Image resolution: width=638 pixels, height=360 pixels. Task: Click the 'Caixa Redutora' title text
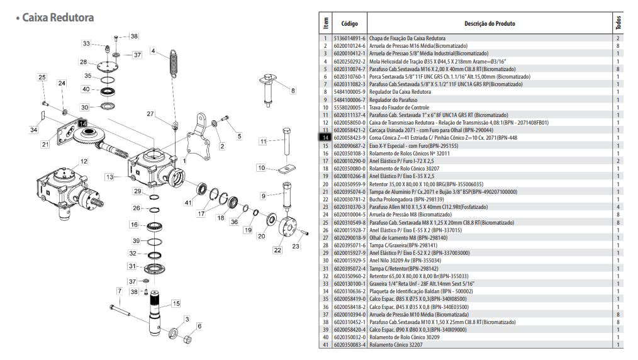[58, 18]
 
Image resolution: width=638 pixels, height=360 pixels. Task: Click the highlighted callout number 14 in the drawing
[83, 123]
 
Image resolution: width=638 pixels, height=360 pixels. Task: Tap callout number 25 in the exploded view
[42, 77]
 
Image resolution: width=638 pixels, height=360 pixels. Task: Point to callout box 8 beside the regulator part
[293, 90]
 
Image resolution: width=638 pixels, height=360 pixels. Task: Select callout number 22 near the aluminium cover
[277, 250]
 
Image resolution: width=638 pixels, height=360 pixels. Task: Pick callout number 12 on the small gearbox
[84, 162]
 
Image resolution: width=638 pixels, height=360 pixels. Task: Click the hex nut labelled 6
[187, 340]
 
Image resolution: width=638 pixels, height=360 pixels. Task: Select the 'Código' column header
[350, 23]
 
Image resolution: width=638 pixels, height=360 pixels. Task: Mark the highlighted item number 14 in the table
[325, 138]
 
